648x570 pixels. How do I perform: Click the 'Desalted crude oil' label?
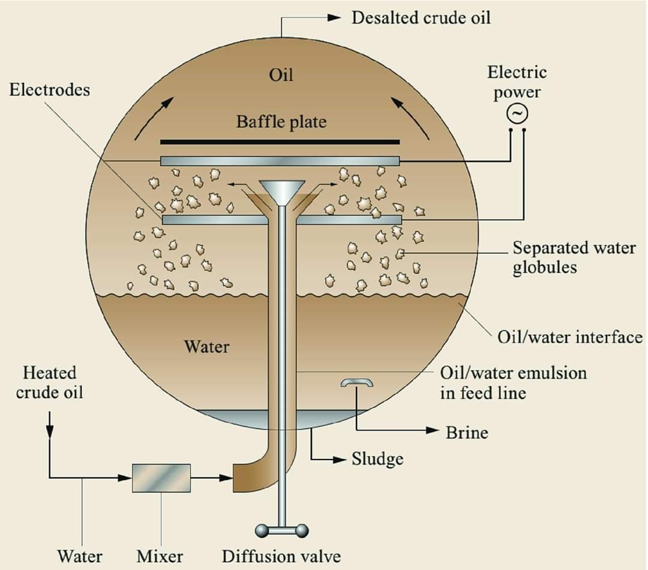point(421,18)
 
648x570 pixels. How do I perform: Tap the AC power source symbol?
point(517,113)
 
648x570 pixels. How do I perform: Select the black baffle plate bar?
point(280,142)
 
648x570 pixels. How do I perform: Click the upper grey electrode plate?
point(280,161)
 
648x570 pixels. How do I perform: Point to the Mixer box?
point(161,478)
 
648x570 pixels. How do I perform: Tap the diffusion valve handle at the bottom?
point(282,530)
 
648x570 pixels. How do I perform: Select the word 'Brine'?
point(467,433)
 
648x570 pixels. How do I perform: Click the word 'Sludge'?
point(377,459)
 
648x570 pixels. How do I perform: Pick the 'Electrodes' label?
point(50,89)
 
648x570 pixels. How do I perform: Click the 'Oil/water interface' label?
point(570,337)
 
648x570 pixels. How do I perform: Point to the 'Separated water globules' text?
point(574,257)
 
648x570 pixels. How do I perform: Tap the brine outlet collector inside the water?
point(356,382)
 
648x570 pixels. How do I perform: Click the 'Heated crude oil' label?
point(50,383)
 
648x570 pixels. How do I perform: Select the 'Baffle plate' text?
point(281,122)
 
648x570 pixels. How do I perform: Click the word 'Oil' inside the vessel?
point(281,75)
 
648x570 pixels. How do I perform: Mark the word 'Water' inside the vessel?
point(206,346)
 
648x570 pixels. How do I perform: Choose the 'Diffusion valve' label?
point(281,556)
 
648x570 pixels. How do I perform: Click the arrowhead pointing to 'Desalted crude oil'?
point(334,17)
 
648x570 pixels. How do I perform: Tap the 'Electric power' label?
point(517,82)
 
